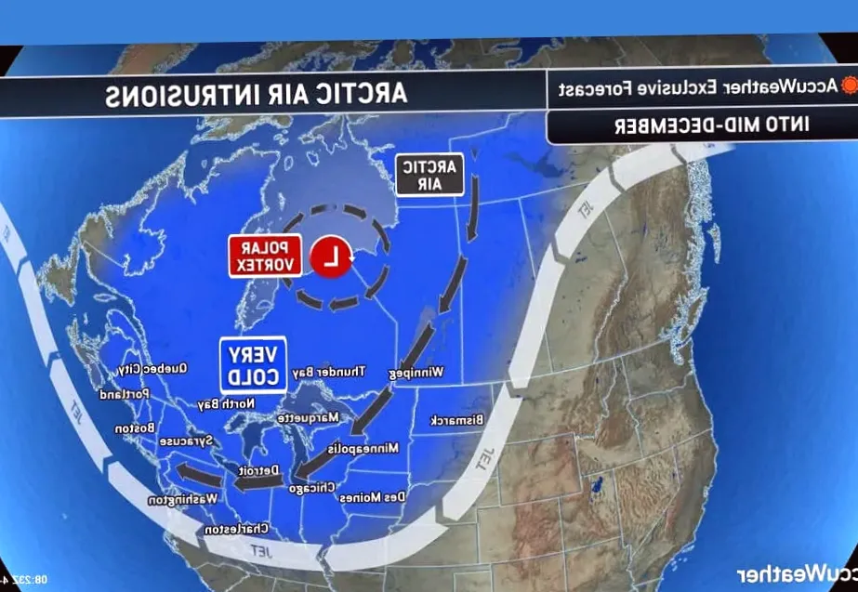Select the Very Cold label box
click(x=253, y=364)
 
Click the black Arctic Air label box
click(x=429, y=174)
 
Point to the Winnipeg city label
click(x=416, y=373)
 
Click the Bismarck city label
click(x=457, y=420)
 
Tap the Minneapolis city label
click(x=363, y=448)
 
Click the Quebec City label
click(x=153, y=369)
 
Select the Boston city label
click(x=135, y=428)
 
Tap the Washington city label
click(x=183, y=499)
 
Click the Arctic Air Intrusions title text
click(x=256, y=94)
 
